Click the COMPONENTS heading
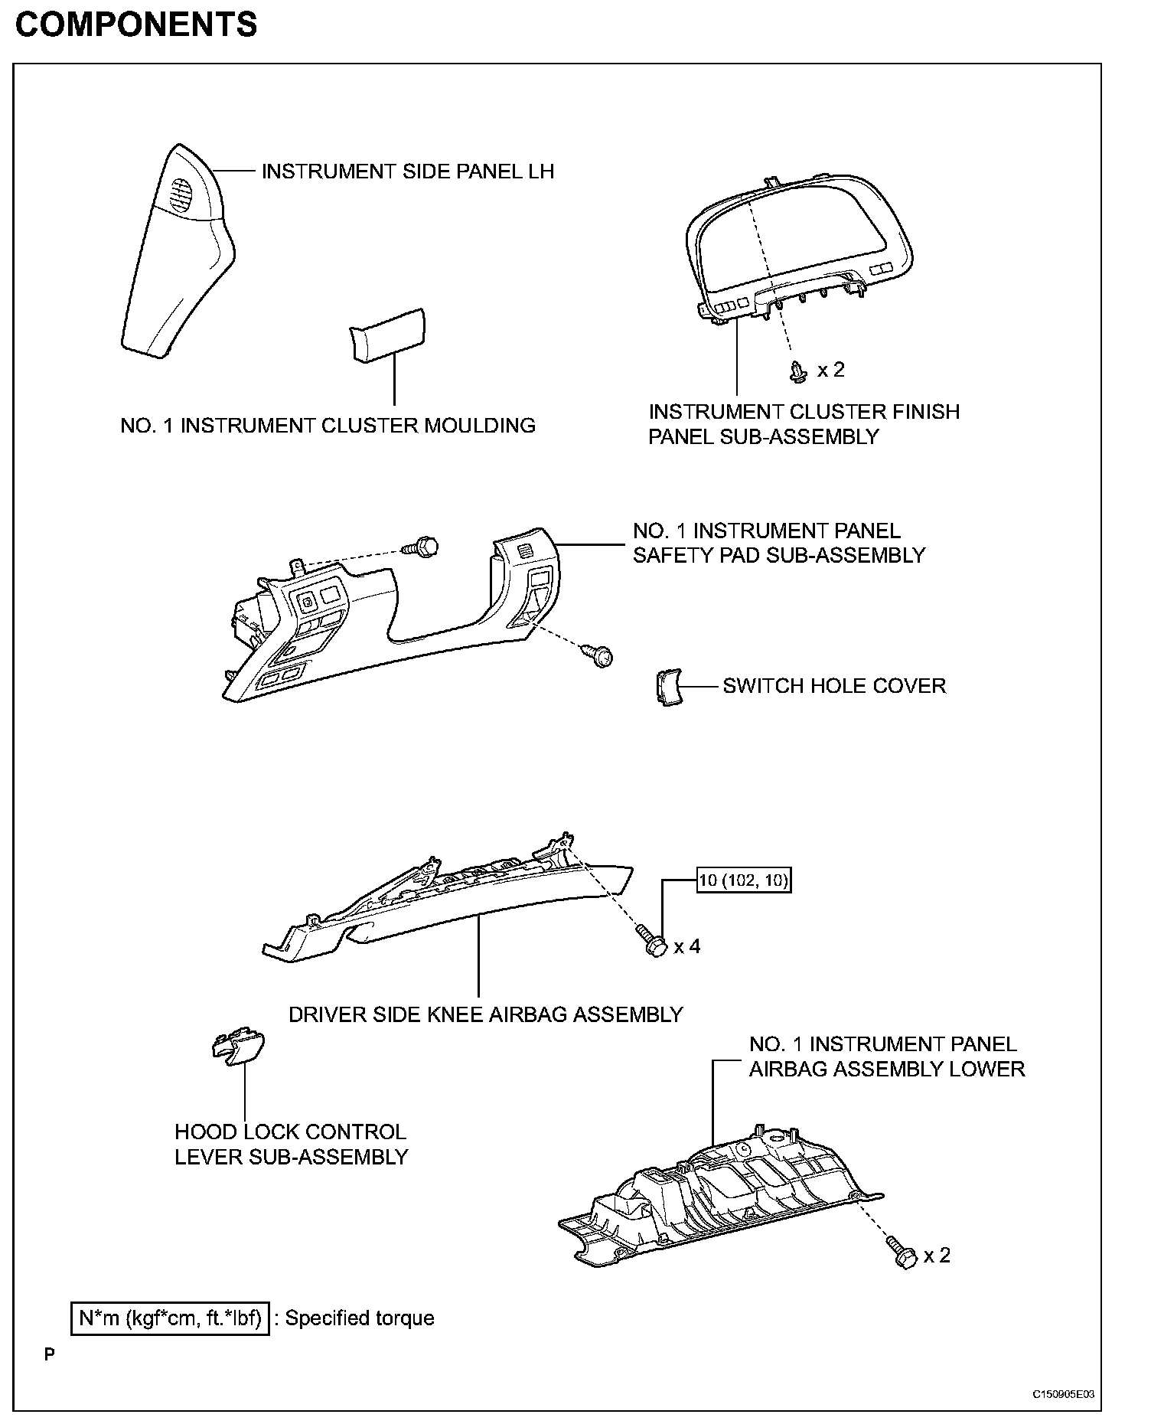[x=136, y=25]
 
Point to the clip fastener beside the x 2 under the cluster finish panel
[x=798, y=371]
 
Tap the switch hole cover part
[x=669, y=687]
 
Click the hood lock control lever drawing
[x=239, y=1044]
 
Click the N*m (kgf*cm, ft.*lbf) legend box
[x=170, y=1318]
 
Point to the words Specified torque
[x=360, y=1318]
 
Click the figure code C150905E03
[x=1063, y=1393]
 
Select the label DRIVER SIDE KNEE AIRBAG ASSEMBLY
[x=485, y=1015]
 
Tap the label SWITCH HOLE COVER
[x=834, y=686]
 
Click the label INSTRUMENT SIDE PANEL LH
[x=408, y=171]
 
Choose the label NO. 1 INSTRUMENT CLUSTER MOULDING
[x=328, y=426]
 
